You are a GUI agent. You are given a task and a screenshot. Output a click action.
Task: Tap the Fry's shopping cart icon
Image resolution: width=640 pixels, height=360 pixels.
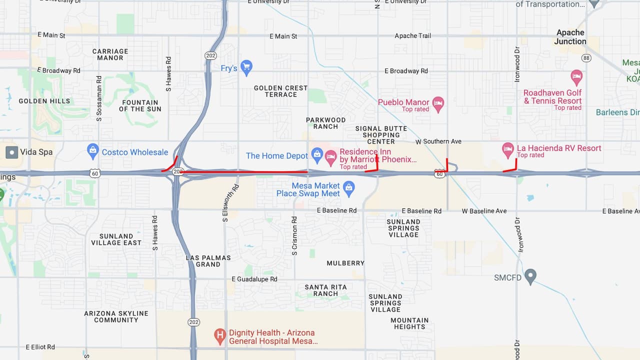tap(246, 66)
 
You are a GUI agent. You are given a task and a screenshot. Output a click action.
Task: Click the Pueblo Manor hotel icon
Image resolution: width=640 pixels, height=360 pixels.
tap(438, 102)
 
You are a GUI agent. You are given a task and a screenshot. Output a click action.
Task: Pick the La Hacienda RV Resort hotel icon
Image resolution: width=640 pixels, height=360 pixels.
tap(508, 148)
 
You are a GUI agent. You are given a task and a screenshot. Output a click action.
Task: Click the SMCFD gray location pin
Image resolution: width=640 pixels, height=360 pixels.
tap(530, 276)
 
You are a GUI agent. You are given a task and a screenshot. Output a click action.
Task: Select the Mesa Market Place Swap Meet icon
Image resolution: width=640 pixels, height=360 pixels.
tap(349, 188)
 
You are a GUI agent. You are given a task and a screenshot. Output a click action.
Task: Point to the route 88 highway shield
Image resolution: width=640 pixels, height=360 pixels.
tap(586, 58)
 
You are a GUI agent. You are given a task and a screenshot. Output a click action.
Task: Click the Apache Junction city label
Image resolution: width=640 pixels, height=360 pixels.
tap(570, 37)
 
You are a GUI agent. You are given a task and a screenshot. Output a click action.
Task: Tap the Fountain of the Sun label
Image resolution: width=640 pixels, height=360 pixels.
tap(140, 105)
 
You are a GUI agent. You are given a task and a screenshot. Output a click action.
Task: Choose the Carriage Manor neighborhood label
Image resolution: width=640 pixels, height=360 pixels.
tap(110, 54)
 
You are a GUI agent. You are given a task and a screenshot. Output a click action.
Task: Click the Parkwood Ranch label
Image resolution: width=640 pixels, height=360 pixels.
tap(325, 123)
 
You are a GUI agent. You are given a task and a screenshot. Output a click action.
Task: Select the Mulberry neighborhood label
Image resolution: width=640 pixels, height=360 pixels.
tap(345, 263)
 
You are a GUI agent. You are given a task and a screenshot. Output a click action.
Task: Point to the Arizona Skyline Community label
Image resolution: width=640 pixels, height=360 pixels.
tap(116, 316)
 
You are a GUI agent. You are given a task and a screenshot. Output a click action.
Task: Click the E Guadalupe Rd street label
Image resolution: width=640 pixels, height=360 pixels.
tap(254, 279)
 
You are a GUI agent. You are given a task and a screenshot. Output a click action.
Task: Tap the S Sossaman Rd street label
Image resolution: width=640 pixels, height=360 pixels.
tap(99, 99)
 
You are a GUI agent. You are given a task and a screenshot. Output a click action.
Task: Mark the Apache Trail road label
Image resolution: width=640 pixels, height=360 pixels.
tap(412, 35)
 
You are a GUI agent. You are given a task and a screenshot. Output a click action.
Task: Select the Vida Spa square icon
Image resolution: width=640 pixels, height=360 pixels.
tap(11, 152)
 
